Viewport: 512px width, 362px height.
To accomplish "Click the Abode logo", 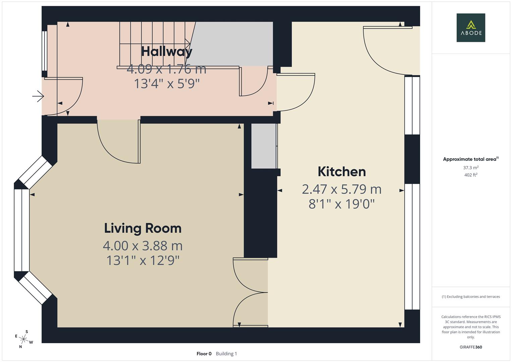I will (470, 27).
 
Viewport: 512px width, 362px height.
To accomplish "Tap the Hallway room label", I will (167, 51).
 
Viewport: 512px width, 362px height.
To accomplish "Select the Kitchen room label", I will (342, 172).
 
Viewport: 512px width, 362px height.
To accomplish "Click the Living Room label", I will (143, 228).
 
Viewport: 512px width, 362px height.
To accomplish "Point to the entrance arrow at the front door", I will (38, 97).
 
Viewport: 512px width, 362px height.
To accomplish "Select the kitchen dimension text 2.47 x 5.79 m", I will (342, 189).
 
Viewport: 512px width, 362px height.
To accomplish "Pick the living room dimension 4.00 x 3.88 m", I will (143, 246).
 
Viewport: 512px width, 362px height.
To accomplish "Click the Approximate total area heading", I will (470, 159).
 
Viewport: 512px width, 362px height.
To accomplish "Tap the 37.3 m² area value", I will (470, 168).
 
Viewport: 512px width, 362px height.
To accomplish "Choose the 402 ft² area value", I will (470, 175).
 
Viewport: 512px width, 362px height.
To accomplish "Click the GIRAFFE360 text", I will (470, 347).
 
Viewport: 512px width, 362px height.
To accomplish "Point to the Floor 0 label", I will (204, 354).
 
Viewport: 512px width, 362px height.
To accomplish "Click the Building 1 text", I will (226, 354).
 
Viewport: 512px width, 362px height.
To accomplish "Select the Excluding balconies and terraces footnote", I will (470, 297).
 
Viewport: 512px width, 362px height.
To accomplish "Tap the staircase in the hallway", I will (154, 44).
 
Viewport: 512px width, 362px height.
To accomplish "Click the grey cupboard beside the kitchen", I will (264, 146).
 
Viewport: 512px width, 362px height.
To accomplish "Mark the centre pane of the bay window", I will (21, 230).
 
